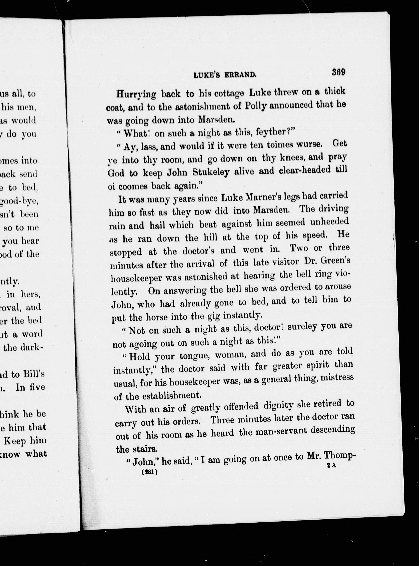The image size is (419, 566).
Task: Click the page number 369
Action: pos(338,72)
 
